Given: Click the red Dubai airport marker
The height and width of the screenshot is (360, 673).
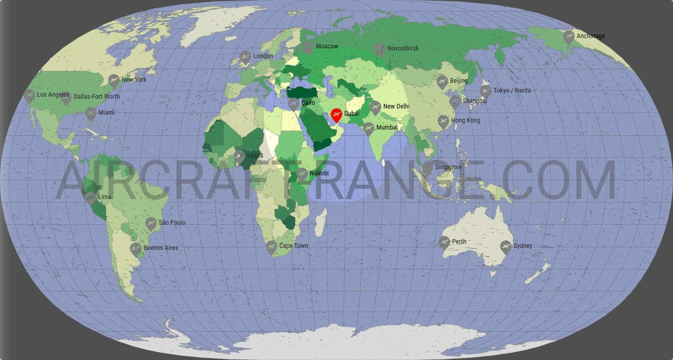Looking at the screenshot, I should [x=336, y=114].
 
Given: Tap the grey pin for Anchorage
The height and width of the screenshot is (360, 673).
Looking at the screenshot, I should [x=569, y=37].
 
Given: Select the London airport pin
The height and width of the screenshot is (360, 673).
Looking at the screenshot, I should [x=245, y=57].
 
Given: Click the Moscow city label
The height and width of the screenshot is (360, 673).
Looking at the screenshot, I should [x=327, y=46].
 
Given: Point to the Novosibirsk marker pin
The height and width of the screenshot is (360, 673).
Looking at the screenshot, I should [x=379, y=49].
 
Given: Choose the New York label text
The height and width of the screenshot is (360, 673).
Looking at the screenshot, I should [x=134, y=80].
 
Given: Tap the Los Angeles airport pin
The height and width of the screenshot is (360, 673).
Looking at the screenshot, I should [x=29, y=95].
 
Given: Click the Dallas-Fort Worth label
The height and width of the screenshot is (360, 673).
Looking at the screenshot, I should [x=97, y=96].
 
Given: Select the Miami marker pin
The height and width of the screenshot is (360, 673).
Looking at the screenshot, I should [x=91, y=113].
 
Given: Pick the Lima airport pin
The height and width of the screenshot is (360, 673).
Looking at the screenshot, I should [x=90, y=197].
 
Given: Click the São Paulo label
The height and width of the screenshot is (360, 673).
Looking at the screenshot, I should [x=172, y=223].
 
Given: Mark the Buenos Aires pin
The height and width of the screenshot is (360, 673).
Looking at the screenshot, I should [x=136, y=249].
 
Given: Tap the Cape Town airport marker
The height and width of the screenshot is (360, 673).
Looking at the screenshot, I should [x=271, y=247].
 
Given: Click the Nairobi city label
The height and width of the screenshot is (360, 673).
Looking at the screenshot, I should [x=319, y=173].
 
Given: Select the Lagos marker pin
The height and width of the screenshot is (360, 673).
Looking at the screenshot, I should [x=239, y=156].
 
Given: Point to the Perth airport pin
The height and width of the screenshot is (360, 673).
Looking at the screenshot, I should [x=445, y=242].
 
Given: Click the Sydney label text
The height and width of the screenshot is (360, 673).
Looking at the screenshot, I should [x=523, y=246].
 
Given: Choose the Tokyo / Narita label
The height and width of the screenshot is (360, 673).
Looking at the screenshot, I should [x=512, y=91].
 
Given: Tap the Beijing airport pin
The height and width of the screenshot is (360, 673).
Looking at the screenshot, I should [x=442, y=81].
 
